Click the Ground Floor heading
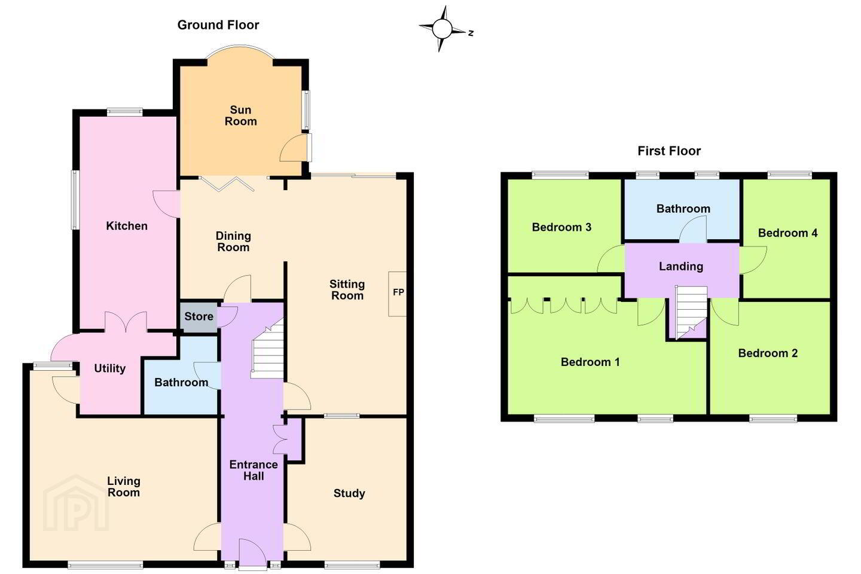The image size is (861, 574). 218,25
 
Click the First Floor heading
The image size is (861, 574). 669,151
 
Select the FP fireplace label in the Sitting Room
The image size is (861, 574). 399,292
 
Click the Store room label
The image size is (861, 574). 199,316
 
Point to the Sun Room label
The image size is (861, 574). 240,115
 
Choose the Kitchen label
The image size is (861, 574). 127,225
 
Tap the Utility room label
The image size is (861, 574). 110,368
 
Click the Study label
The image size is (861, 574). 349,493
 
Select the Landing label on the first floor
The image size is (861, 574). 681,267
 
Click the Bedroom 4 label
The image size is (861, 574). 787,233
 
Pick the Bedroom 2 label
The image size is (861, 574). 768,353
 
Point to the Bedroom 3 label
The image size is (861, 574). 561,227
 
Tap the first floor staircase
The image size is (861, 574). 691,312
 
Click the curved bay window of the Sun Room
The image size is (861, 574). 240,48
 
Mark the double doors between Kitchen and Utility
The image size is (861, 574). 126,322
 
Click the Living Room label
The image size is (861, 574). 123,487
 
